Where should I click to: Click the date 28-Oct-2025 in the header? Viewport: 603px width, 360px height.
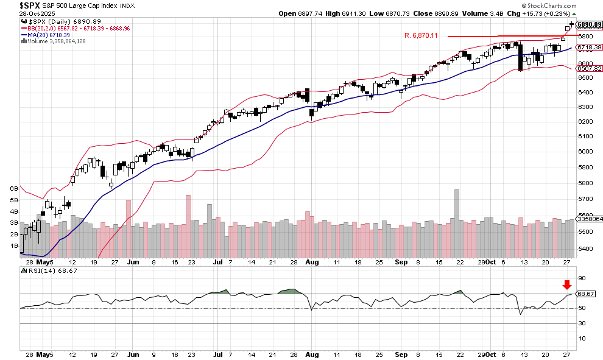[x=21, y=13]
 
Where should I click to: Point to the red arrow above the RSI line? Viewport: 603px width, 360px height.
[x=567, y=284]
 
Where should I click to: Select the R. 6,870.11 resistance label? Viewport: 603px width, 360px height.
[x=421, y=35]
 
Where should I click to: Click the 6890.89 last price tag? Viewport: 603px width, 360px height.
[x=589, y=24]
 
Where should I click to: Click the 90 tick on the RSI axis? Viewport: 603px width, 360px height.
[x=581, y=278]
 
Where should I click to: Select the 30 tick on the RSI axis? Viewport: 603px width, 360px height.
[x=581, y=323]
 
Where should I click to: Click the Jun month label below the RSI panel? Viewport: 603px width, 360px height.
[x=133, y=353]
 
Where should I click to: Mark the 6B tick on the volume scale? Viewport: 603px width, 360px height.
[x=13, y=189]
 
